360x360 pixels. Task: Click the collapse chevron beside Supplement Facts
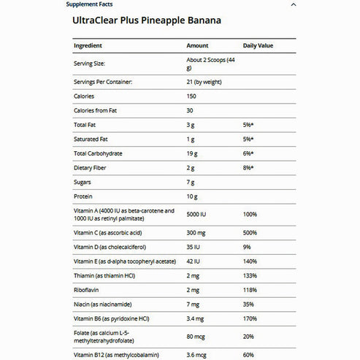point(294,4)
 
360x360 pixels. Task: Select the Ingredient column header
point(92,46)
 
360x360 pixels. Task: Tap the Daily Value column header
point(258,46)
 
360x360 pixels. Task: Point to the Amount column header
point(197,46)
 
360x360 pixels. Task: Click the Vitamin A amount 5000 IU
point(199,215)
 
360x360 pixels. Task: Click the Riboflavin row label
point(88,289)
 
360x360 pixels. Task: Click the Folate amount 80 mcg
point(198,335)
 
